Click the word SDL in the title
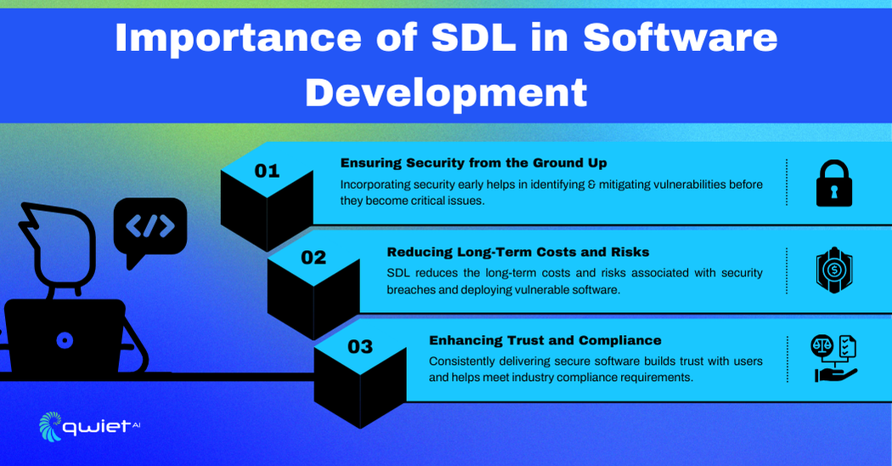(472, 37)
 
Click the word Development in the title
(446, 93)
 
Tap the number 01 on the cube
(267, 171)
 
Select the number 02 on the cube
(313, 258)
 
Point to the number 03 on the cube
(360, 346)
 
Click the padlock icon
(834, 183)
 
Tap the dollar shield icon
(834, 270)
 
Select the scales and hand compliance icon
(834, 358)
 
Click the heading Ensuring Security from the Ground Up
(473, 163)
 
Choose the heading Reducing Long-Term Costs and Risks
(517, 252)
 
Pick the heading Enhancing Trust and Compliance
(545, 340)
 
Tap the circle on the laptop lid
(65, 341)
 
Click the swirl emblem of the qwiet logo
(50, 426)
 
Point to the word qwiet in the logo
(95, 427)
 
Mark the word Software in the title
(680, 37)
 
